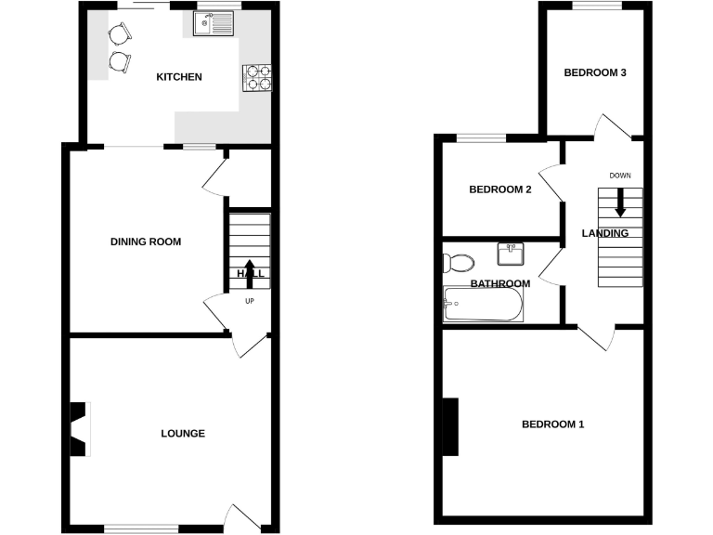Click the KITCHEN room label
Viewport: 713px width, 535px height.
click(178, 77)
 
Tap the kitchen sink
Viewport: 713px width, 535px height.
click(215, 23)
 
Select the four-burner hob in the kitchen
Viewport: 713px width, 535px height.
click(258, 77)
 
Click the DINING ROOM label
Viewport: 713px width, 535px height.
click(146, 242)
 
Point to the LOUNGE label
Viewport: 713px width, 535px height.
click(183, 434)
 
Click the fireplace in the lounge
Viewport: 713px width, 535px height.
click(82, 428)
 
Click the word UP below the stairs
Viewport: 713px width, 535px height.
click(250, 301)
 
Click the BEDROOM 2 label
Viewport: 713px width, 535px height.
click(499, 190)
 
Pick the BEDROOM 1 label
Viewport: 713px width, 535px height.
click(552, 425)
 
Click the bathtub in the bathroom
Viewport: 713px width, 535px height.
click(483, 304)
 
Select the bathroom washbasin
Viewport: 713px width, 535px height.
click(510, 254)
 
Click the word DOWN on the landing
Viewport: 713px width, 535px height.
click(620, 176)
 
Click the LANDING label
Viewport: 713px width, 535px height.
click(605, 233)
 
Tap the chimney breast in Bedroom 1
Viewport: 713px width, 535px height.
click(450, 426)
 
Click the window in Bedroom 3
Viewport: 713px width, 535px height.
click(596, 6)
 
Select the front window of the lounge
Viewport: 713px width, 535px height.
click(140, 528)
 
